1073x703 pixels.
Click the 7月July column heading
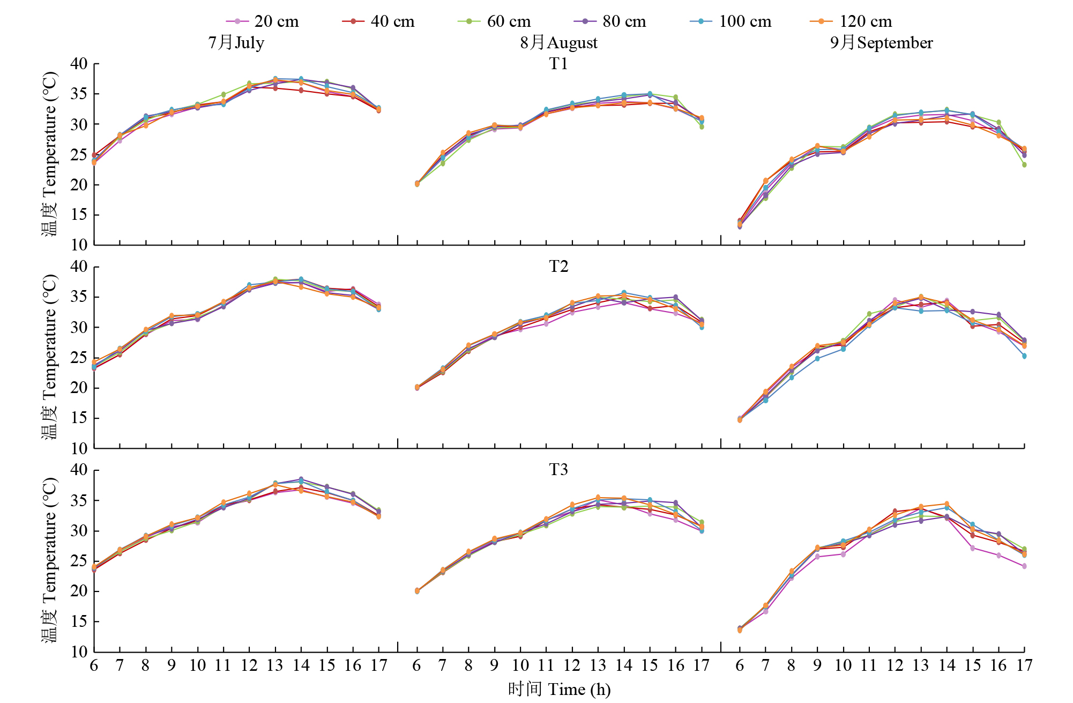click(x=236, y=42)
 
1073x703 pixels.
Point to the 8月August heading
click(x=558, y=42)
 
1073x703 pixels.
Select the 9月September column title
click(x=881, y=42)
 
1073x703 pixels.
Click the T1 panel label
click(x=558, y=64)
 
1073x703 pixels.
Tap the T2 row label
click(x=558, y=267)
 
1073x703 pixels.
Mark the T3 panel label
click(x=558, y=470)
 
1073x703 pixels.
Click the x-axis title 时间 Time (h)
click(x=559, y=689)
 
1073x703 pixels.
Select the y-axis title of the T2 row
click(x=49, y=357)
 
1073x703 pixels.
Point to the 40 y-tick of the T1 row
click(x=79, y=64)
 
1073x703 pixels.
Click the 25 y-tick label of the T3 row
click(x=79, y=561)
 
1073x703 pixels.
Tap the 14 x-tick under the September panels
click(x=947, y=665)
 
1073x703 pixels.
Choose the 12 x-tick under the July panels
click(x=249, y=665)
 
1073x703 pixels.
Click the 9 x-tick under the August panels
click(x=494, y=665)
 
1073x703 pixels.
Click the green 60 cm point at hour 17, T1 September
click(x=1024, y=165)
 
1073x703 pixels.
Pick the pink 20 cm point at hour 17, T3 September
click(x=1024, y=566)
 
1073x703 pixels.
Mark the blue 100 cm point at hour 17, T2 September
click(x=1024, y=356)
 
